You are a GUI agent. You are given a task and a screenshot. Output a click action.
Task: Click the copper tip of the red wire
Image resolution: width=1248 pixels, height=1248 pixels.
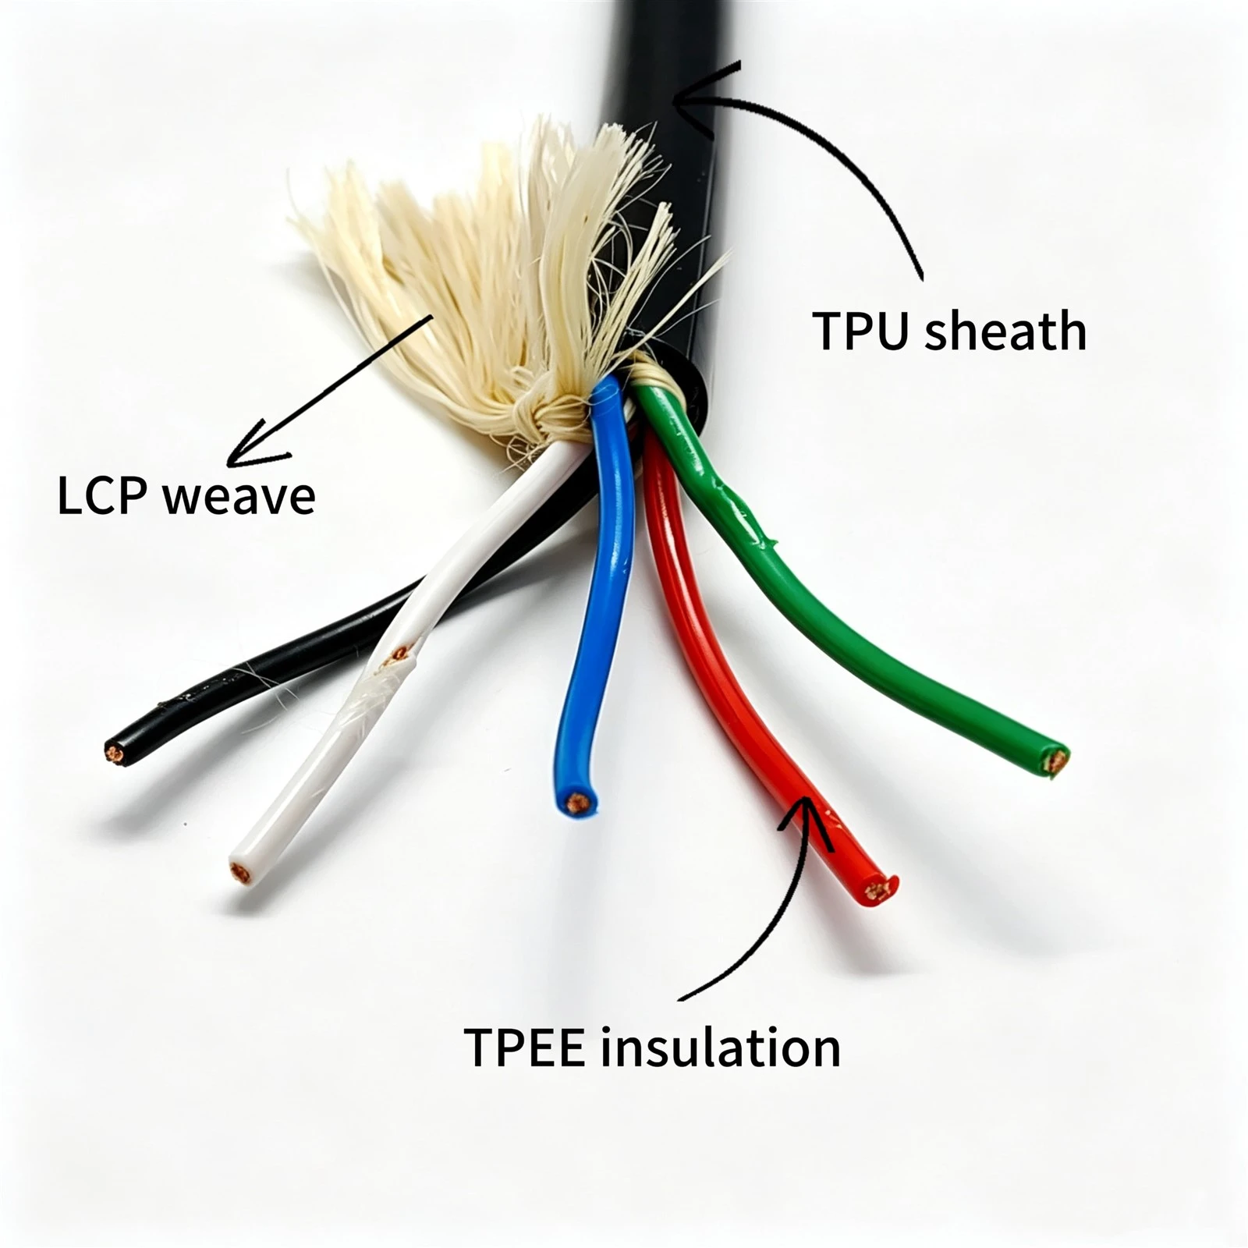pyautogui.click(x=880, y=890)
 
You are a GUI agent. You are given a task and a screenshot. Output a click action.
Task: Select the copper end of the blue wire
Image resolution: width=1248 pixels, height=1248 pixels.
pyautogui.click(x=577, y=802)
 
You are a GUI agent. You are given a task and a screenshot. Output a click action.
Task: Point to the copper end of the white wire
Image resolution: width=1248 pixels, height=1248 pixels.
pyautogui.click(x=241, y=871)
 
